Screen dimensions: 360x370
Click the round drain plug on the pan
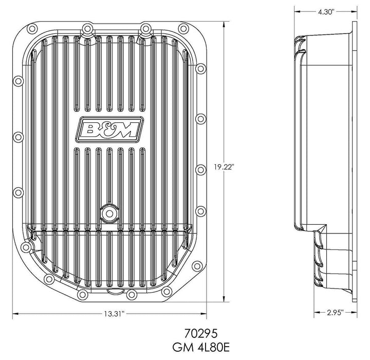click(108, 211)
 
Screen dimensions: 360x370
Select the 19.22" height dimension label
click(224, 166)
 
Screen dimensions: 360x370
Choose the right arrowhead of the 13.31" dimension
click(204, 312)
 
